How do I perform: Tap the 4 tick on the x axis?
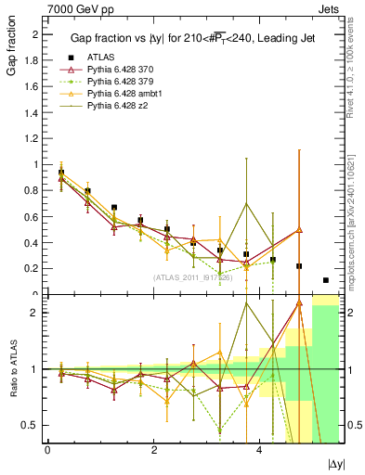coord(259,450)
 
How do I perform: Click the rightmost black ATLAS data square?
coord(325,280)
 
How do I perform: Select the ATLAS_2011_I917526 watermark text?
coord(193,277)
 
